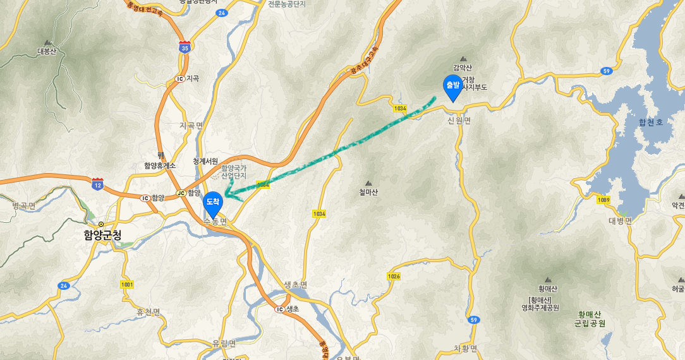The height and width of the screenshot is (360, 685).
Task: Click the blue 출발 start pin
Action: [x=452, y=87]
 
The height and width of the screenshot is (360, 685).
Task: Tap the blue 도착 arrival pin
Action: [x=213, y=203]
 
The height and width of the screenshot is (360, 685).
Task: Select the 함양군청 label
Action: [x=102, y=234]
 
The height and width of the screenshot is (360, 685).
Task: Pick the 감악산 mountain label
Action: [x=463, y=68]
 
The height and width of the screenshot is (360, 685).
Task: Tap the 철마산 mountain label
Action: [x=368, y=192]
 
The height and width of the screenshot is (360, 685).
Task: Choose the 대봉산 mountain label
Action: [x=47, y=51]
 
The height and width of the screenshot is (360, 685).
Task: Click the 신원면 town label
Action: [x=459, y=121]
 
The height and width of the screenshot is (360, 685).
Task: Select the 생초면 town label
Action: [x=296, y=285]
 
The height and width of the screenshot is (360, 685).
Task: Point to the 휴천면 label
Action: [x=149, y=312]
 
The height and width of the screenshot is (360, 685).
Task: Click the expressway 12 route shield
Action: [x=97, y=184]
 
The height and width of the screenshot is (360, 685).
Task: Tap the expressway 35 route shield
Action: [x=185, y=47]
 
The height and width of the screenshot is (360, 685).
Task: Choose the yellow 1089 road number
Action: [x=603, y=200]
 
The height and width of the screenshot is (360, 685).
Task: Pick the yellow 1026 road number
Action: [x=394, y=277]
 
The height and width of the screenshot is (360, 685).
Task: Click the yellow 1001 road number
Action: [x=127, y=285]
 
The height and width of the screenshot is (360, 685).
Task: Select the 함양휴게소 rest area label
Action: [x=159, y=165]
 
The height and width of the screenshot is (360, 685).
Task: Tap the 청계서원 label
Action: [x=205, y=161]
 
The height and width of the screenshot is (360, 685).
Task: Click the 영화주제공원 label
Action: [x=540, y=308]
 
